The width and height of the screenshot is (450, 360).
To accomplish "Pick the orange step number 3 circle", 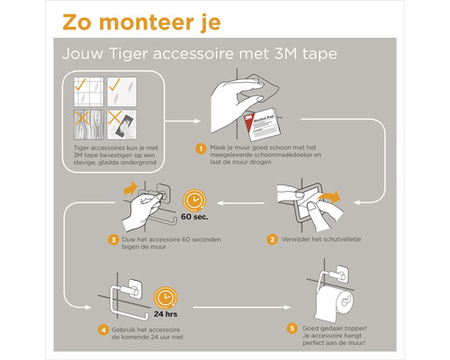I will pos(113,239).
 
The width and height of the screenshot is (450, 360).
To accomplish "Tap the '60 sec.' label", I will pos(196,217).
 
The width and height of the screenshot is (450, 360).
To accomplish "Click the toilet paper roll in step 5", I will pos(345,304).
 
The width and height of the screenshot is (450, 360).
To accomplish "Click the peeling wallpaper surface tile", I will pos(123,122).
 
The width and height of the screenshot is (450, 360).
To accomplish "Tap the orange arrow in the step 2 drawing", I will pos(332,196).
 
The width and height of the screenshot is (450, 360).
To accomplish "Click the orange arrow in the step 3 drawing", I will pos(129,187).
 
